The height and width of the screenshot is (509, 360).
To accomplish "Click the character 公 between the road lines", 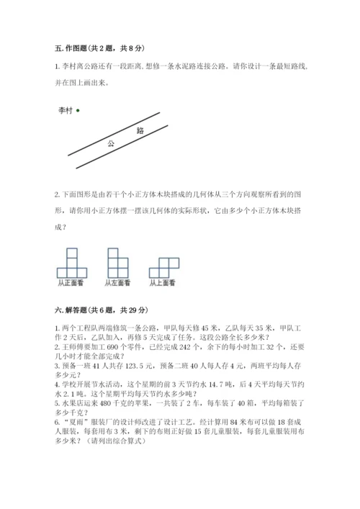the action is pyautogui.click(x=111, y=143).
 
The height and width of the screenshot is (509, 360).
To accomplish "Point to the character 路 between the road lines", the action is pyautogui.click(x=140, y=131).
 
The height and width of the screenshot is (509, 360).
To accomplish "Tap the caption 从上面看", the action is pyautogui.click(x=163, y=283).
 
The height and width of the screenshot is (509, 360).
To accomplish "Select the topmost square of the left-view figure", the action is pyautogui.click(x=113, y=253).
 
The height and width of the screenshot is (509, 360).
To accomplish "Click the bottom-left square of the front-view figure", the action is pyautogui.click(x=62, y=273).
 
